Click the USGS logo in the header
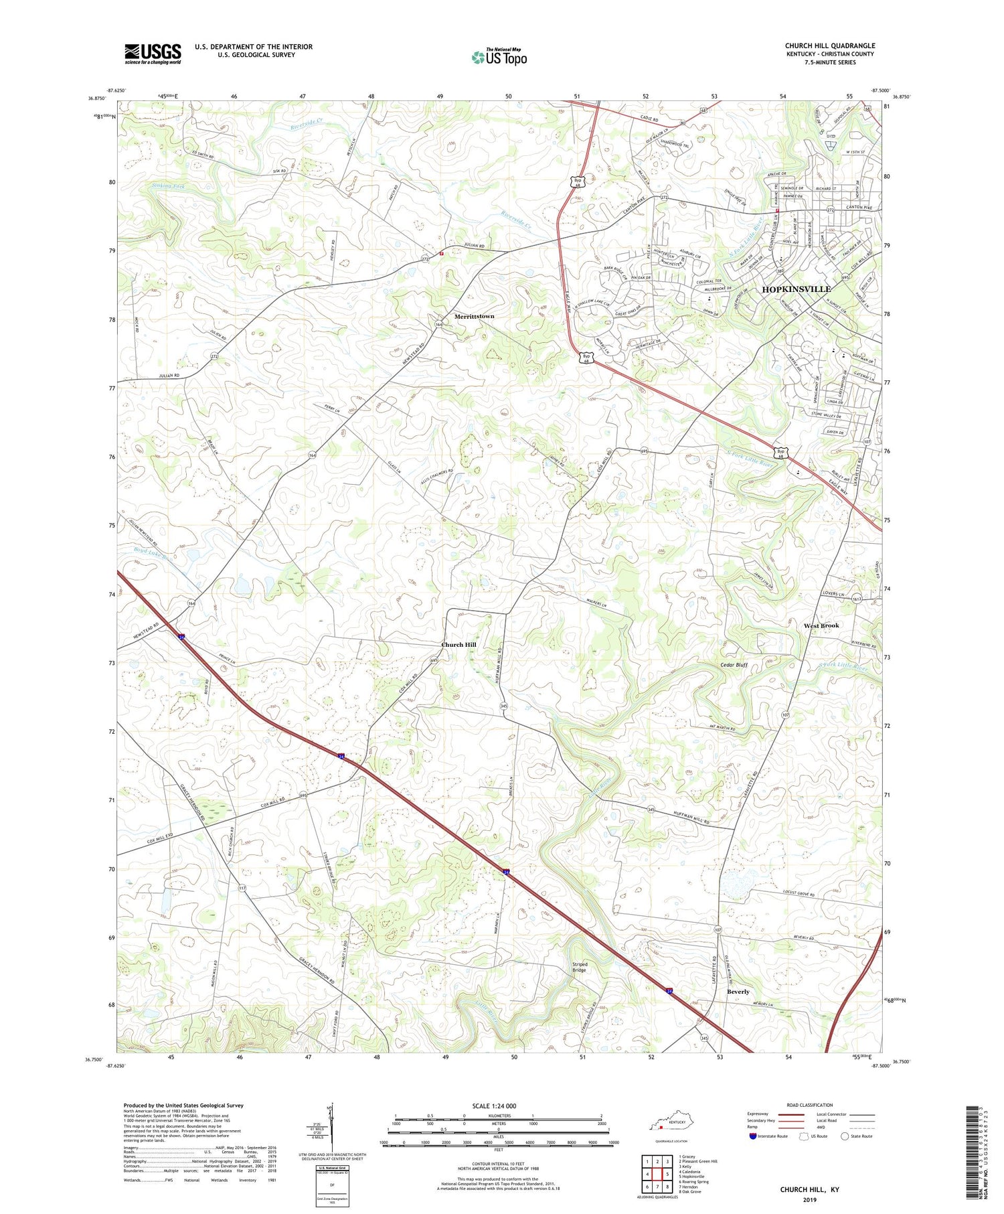153,54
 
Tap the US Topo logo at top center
499,58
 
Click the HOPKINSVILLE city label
797,289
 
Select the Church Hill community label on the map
458,645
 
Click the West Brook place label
821,625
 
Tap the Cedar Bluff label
734,665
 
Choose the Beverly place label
738,992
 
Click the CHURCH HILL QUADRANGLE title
829,46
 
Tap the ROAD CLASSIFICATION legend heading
809,1105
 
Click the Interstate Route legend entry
770,1136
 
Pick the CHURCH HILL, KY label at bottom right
809,1189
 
